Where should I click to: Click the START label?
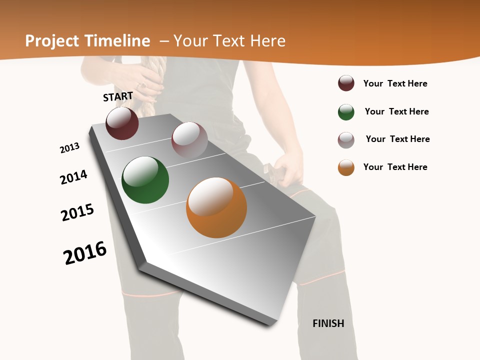[x=118, y=96]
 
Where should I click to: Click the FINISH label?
[x=328, y=323]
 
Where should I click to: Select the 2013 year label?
[x=69, y=148]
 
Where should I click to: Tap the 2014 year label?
[x=73, y=177]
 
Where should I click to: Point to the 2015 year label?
[x=77, y=212]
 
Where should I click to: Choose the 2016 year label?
[x=85, y=253]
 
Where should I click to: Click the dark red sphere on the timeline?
[x=122, y=123]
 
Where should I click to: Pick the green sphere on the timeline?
[x=145, y=180]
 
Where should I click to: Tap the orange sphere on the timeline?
[x=216, y=207]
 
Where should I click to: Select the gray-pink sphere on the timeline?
[x=189, y=140]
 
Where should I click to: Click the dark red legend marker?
[x=346, y=83]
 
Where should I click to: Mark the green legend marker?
[x=346, y=112]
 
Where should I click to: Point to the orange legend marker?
[x=346, y=167]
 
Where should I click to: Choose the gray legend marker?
[x=346, y=140]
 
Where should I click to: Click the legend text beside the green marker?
[x=396, y=111]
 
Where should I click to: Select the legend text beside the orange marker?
[x=395, y=167]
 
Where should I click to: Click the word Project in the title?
[x=52, y=41]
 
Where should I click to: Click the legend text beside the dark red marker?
[x=395, y=83]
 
